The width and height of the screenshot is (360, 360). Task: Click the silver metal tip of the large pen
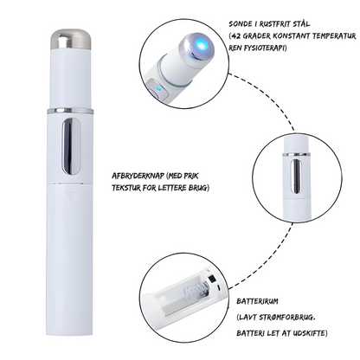click(x=71, y=39)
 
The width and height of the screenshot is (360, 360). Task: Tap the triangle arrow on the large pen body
click(x=71, y=196)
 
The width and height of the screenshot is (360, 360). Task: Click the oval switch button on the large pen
click(x=71, y=146)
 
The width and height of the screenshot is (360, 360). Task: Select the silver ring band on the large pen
click(x=70, y=111)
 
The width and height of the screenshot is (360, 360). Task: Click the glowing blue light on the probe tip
click(x=202, y=44)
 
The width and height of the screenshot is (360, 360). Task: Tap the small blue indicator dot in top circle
click(x=157, y=89)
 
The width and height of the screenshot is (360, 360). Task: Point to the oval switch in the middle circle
click(x=297, y=177)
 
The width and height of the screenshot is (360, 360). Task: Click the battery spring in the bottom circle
click(x=196, y=291)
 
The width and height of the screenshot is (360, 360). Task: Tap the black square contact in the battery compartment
click(x=212, y=279)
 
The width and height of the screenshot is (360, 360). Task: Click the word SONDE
click(x=238, y=24)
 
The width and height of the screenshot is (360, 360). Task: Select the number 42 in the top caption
click(x=236, y=36)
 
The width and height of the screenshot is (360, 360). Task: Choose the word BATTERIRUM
click(x=258, y=301)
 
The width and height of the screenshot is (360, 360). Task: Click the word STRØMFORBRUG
click(x=286, y=318)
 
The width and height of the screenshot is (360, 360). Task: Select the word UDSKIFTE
click(x=309, y=333)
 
